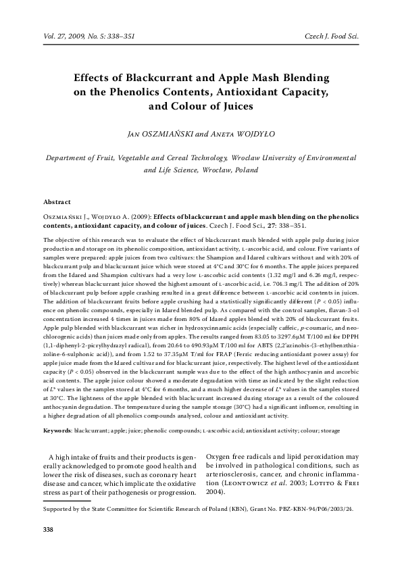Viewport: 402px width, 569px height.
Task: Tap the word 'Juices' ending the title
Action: point(230,106)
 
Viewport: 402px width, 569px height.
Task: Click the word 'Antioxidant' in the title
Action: point(233,92)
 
